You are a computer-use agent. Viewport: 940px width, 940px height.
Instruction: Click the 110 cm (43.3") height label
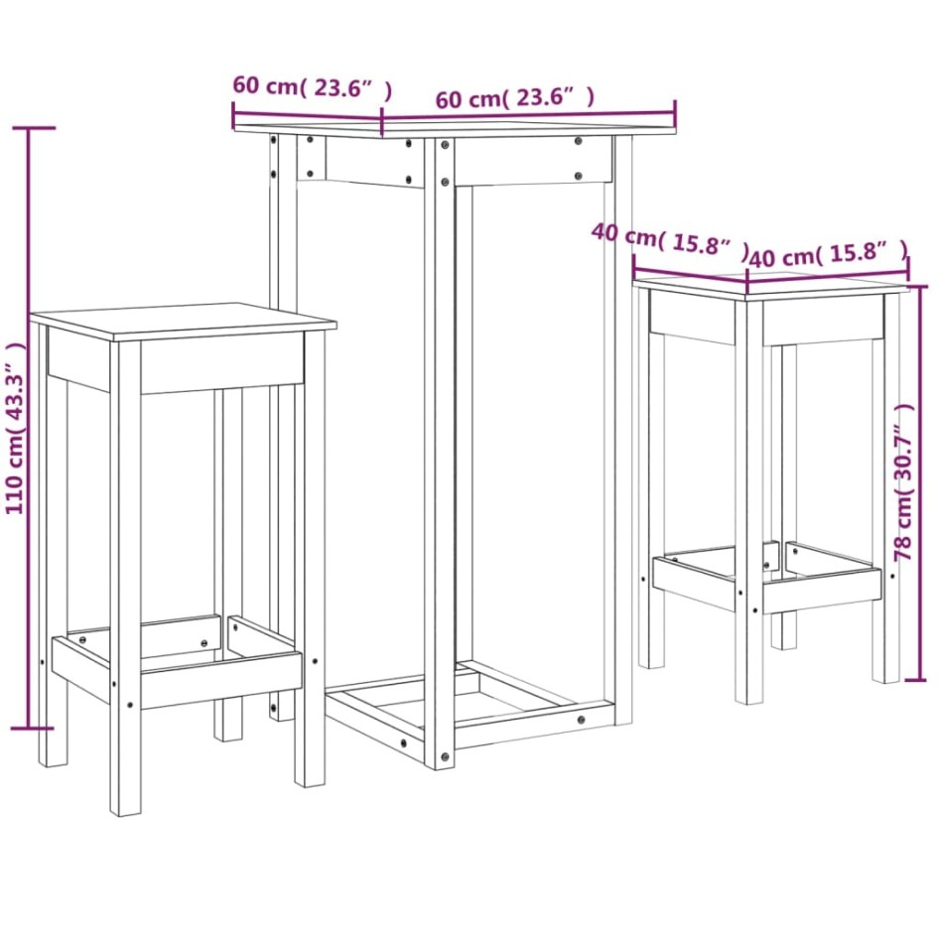click(15, 427)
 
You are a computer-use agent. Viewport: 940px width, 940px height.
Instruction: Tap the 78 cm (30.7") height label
click(904, 481)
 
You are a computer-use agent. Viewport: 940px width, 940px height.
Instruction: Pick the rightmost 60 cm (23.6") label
click(514, 97)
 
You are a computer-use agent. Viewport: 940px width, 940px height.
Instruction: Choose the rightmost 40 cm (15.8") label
click(829, 254)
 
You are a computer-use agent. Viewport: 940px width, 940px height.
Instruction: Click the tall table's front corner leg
click(439, 447)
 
